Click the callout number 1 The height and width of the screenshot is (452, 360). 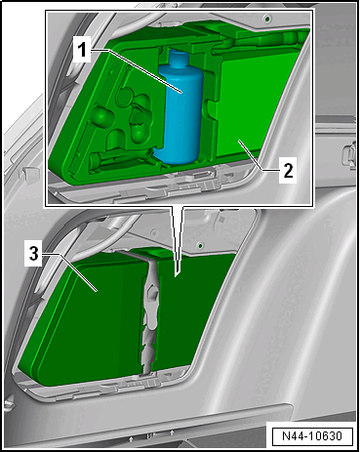82,49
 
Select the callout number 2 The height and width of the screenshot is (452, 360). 288,170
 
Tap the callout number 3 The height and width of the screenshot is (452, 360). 34,254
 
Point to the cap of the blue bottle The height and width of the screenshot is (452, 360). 179,59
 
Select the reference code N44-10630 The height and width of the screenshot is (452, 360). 312,435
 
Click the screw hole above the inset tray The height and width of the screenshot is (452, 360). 267,18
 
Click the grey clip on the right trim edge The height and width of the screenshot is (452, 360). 349,155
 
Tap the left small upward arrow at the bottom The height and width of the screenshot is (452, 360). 131,439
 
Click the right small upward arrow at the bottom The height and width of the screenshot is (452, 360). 172,433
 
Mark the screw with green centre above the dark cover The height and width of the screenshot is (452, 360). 201,245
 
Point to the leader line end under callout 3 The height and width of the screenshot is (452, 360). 97,291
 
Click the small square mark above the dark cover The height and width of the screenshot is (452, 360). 221,220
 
